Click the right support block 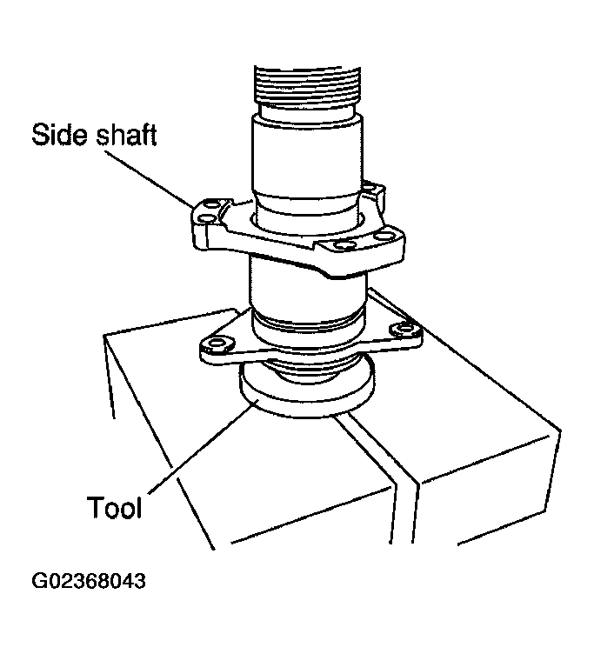tap(487, 452)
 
